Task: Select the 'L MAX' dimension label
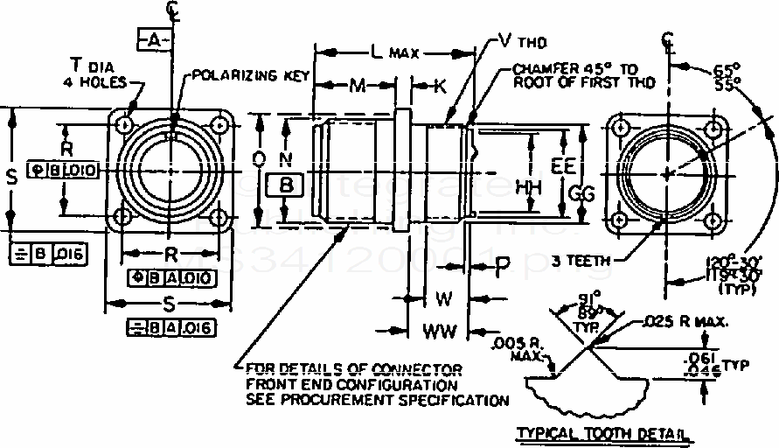392,53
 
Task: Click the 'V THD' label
518,39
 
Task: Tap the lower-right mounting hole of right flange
715,219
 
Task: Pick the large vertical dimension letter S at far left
11,177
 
